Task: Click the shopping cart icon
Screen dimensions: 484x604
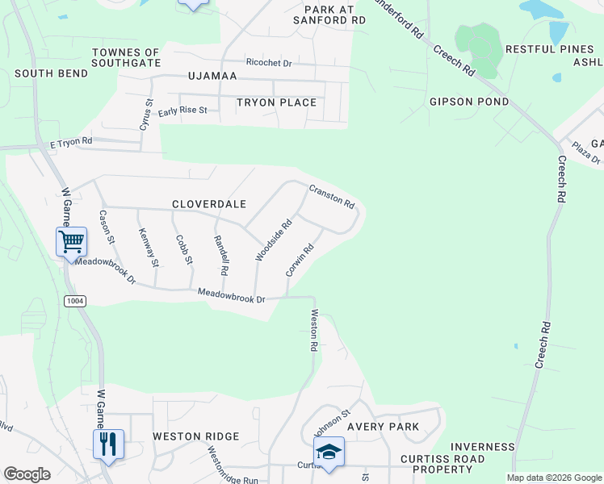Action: [71, 240]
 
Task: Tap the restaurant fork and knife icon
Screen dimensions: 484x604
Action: [108, 444]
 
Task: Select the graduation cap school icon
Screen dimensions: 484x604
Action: [329, 452]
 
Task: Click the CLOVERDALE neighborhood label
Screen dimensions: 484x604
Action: [209, 205]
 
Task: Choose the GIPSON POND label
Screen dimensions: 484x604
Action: [469, 102]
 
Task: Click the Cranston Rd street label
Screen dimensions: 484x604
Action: [332, 196]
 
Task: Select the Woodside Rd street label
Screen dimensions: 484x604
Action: [273, 241]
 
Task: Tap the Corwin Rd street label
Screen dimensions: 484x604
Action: [299, 261]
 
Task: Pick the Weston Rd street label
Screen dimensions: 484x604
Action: [313, 331]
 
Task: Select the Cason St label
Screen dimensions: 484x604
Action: [107, 228]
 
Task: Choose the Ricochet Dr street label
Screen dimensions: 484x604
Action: [269, 62]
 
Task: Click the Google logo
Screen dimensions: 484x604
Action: [27, 474]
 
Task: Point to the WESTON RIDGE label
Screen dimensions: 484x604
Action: [196, 436]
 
